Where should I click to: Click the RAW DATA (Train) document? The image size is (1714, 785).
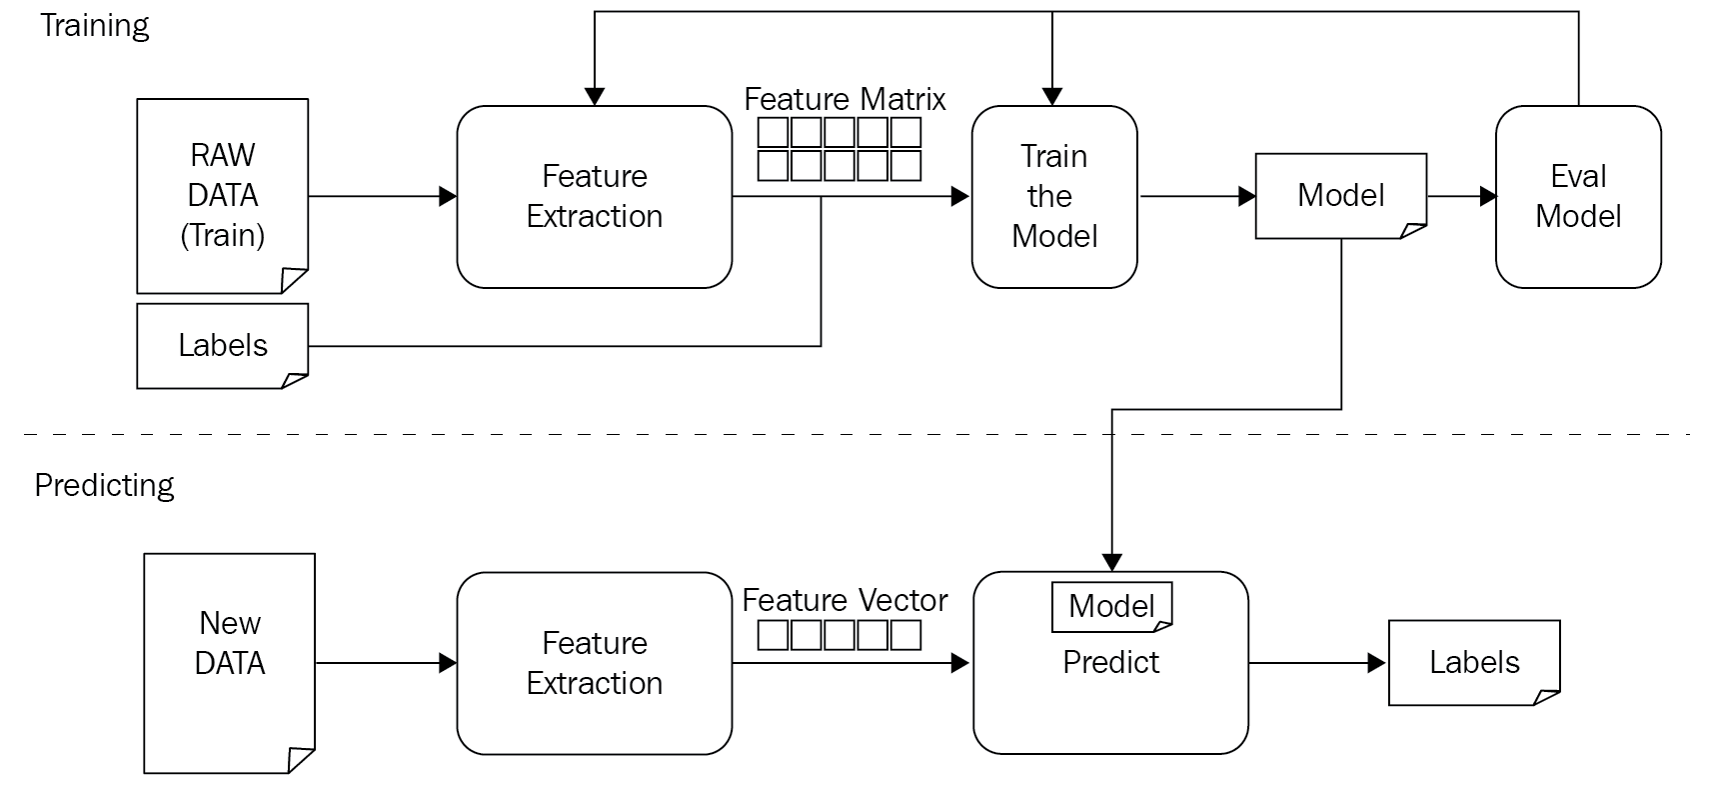222,195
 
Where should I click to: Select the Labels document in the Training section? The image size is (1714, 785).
222,345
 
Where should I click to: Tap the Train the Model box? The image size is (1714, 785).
1053,196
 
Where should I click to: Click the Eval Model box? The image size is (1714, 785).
1577,196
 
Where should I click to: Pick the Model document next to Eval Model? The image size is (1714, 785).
1340,195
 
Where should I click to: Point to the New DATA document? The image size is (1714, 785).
229,662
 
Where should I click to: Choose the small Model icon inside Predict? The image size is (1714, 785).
1111,606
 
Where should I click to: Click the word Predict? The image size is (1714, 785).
1110,662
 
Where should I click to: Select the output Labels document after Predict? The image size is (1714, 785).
1474,662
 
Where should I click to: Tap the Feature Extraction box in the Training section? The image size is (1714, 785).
594,196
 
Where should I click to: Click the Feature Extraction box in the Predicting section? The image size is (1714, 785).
594,662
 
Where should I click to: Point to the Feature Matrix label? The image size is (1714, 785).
845,99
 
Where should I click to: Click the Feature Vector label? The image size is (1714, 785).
845,600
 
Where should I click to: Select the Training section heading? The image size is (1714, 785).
95,25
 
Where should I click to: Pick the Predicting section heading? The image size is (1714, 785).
104,485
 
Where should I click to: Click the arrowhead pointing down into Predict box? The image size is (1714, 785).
1112,563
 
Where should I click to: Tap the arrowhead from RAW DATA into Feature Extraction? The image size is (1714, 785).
448,197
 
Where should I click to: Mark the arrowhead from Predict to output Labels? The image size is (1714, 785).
1376,663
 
